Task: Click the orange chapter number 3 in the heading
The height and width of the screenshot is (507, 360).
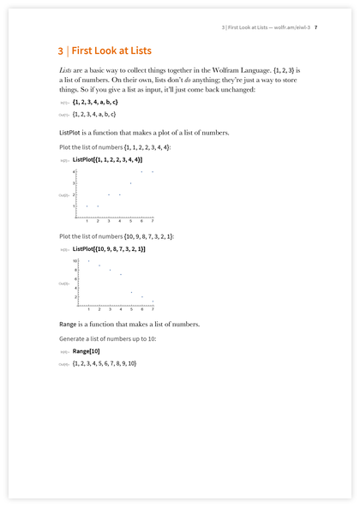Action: pos(50,51)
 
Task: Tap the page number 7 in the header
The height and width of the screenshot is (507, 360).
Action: pos(316,27)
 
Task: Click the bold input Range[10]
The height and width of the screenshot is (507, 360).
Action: pos(87,352)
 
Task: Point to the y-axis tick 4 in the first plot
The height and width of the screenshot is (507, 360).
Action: pos(75,172)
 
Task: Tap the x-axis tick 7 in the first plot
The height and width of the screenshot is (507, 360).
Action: pos(153,221)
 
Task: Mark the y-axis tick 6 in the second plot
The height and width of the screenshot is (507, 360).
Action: pos(75,278)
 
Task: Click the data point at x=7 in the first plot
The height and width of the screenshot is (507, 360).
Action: pos(153,172)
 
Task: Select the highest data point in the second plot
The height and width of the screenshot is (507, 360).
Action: pos(87,260)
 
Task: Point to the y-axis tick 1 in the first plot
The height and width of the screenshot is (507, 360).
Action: pos(75,206)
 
